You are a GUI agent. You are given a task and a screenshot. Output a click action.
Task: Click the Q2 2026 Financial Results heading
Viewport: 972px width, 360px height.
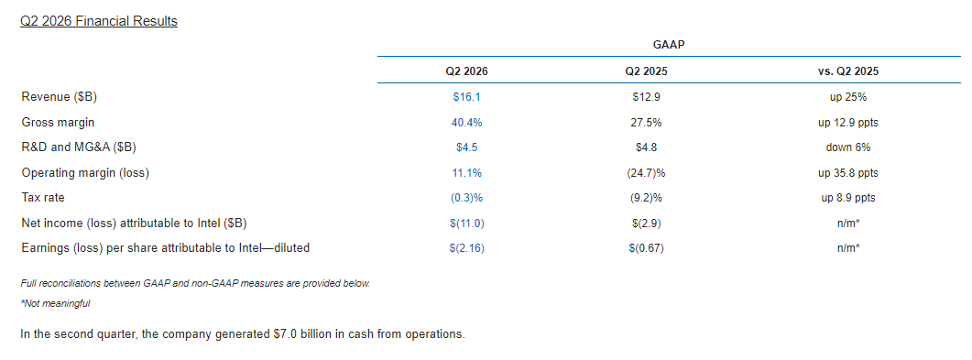click(99, 21)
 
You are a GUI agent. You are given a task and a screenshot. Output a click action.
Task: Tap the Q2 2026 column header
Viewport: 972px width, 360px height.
click(467, 71)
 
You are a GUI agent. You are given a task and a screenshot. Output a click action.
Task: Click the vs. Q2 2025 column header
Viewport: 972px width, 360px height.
click(848, 71)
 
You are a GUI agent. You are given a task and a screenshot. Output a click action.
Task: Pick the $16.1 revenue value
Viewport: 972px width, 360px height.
click(467, 97)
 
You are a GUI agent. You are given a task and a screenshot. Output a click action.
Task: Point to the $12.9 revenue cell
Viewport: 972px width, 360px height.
click(647, 97)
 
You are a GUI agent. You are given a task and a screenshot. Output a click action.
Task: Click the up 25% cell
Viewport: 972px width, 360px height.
click(848, 97)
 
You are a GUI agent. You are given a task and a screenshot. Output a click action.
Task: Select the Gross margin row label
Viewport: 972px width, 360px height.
click(58, 123)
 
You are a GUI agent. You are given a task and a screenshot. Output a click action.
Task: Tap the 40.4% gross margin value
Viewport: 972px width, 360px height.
click(467, 123)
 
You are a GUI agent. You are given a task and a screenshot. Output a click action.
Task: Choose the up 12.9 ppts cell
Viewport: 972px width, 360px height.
click(848, 123)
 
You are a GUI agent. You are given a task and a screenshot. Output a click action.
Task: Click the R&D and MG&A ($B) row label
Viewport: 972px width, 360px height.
click(79, 148)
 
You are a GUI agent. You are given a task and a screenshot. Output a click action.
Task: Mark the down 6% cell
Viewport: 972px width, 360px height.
click(848, 148)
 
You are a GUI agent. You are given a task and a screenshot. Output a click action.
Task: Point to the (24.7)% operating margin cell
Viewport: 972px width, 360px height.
click(647, 173)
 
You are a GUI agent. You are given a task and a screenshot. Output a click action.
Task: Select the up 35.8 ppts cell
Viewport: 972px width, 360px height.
click(848, 173)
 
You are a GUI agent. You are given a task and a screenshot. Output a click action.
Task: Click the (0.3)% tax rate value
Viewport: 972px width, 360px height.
click(467, 198)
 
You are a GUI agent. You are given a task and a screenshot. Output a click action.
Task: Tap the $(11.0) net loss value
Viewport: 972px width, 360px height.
click(467, 224)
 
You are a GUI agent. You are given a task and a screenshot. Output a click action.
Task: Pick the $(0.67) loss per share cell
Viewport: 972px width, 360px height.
click(647, 248)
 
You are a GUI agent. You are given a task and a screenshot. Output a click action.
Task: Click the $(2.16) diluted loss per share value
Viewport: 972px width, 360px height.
click(467, 248)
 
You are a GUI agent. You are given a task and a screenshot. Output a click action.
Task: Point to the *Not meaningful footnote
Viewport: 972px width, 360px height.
click(55, 303)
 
